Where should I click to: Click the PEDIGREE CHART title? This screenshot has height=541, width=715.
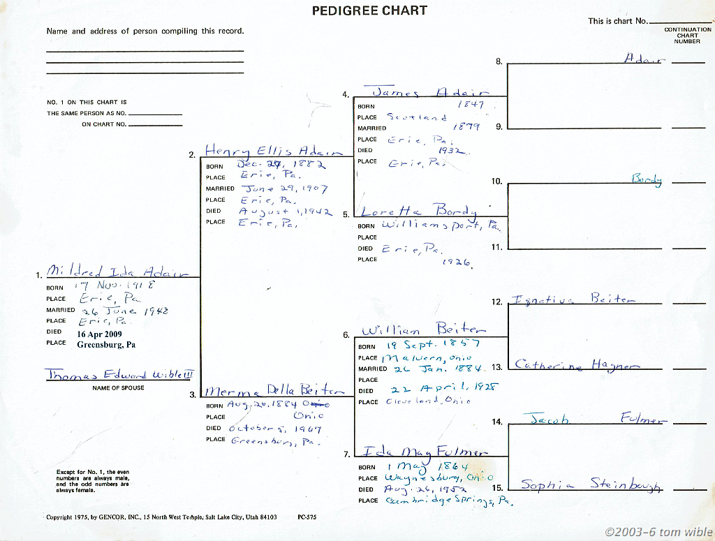(x=369, y=10)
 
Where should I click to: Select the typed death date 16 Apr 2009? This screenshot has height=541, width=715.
(x=99, y=334)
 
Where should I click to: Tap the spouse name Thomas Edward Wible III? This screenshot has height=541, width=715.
(x=119, y=375)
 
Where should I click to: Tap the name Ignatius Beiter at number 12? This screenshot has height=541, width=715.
(x=573, y=299)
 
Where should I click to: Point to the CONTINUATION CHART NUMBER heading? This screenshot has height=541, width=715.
(x=687, y=35)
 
